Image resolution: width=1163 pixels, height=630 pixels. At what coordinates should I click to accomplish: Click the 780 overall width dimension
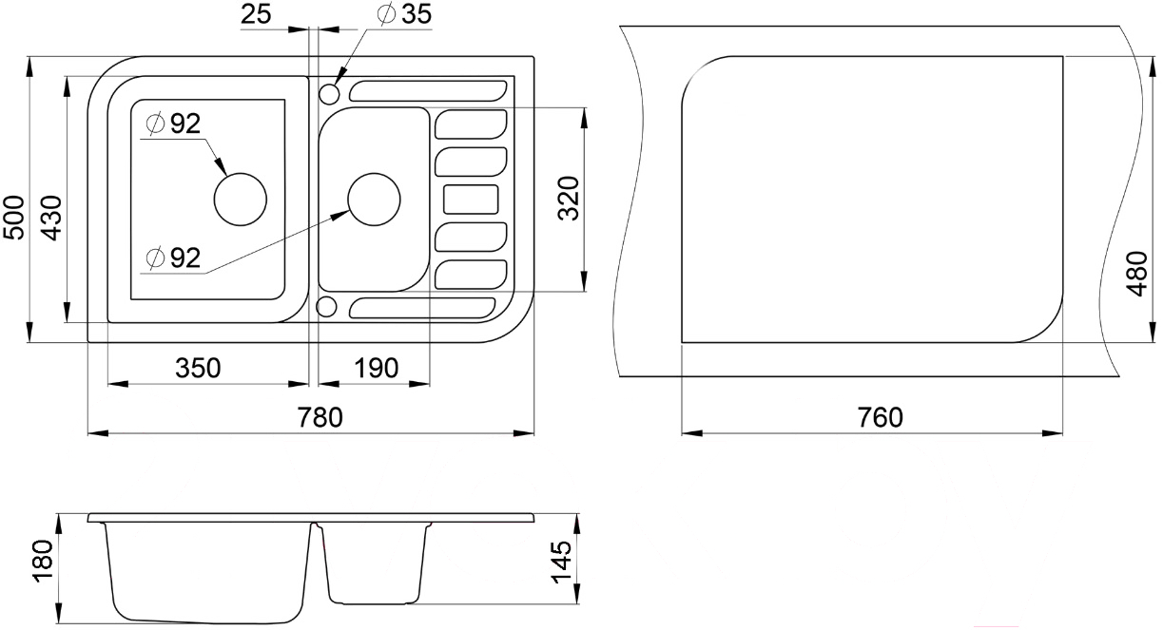click(x=320, y=417)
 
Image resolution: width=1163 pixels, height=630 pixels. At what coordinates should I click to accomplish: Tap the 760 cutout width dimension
click(x=880, y=417)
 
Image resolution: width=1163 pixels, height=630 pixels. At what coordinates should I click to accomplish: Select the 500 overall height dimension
click(x=14, y=218)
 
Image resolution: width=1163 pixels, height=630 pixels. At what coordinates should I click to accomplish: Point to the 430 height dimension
click(x=51, y=218)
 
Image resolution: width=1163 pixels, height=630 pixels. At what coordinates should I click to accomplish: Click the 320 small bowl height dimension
click(x=569, y=199)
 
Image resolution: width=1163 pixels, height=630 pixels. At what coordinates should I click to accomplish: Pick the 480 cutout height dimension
click(x=1137, y=274)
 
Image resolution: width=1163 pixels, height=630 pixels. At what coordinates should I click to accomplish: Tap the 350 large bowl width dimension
click(x=198, y=368)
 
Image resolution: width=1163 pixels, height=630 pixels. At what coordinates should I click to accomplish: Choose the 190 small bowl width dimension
click(x=376, y=368)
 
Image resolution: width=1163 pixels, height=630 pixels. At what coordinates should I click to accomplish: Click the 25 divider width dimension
click(x=256, y=14)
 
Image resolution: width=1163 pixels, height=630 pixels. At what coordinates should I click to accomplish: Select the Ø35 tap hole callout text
click(x=405, y=14)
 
